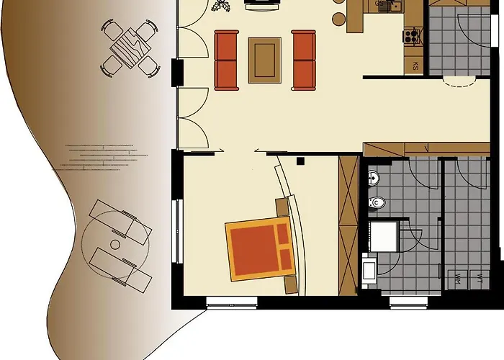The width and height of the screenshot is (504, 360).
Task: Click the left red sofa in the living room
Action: tap(226, 60)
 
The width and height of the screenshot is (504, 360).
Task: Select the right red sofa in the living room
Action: tap(304, 60)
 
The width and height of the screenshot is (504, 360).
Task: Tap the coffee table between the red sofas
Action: tap(264, 60)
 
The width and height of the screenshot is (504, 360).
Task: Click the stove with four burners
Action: tap(412, 35)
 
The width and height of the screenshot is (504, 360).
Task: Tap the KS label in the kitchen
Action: tap(415, 66)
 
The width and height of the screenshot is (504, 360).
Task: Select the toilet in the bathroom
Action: tap(375, 203)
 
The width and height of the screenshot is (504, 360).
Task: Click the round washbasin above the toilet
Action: tap(374, 177)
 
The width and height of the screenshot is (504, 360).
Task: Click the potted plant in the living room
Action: tap(220, 6)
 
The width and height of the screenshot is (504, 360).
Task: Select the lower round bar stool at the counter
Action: tap(338, 17)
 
